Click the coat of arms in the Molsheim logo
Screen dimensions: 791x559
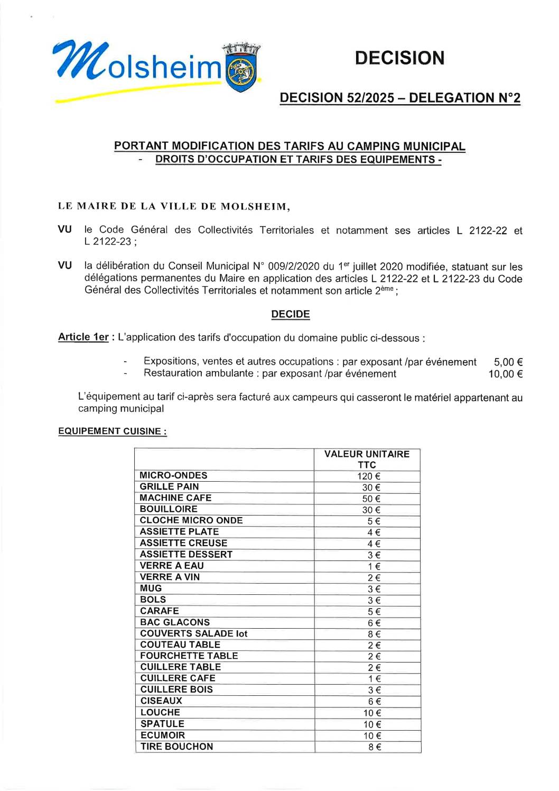tap(241, 71)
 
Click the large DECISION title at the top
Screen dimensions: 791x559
tap(399, 58)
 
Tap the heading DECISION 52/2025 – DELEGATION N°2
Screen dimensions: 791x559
tap(399, 98)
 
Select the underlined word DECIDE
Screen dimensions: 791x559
tap(290, 314)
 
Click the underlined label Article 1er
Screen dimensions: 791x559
tap(83, 337)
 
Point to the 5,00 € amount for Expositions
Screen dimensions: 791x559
tap(508, 362)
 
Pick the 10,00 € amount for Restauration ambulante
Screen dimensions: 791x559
tap(505, 374)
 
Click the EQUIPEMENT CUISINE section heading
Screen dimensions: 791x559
tap(112, 431)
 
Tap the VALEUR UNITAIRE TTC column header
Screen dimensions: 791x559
tap(367, 459)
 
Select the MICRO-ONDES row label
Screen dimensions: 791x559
tap(173, 475)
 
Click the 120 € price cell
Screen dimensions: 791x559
tap(368, 476)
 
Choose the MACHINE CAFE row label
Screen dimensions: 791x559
tap(175, 498)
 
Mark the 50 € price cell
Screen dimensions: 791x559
tap(371, 499)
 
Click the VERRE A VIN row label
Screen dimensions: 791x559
tap(170, 577)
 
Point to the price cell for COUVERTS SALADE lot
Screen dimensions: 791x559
tap(374, 634)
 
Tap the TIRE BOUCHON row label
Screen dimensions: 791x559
tap(176, 747)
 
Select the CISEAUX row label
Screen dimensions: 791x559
tap(161, 701)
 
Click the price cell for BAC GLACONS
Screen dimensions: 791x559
tap(374, 623)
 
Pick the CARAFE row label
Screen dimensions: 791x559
tap(160, 611)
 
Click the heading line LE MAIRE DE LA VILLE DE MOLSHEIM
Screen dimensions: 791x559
tap(174, 206)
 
